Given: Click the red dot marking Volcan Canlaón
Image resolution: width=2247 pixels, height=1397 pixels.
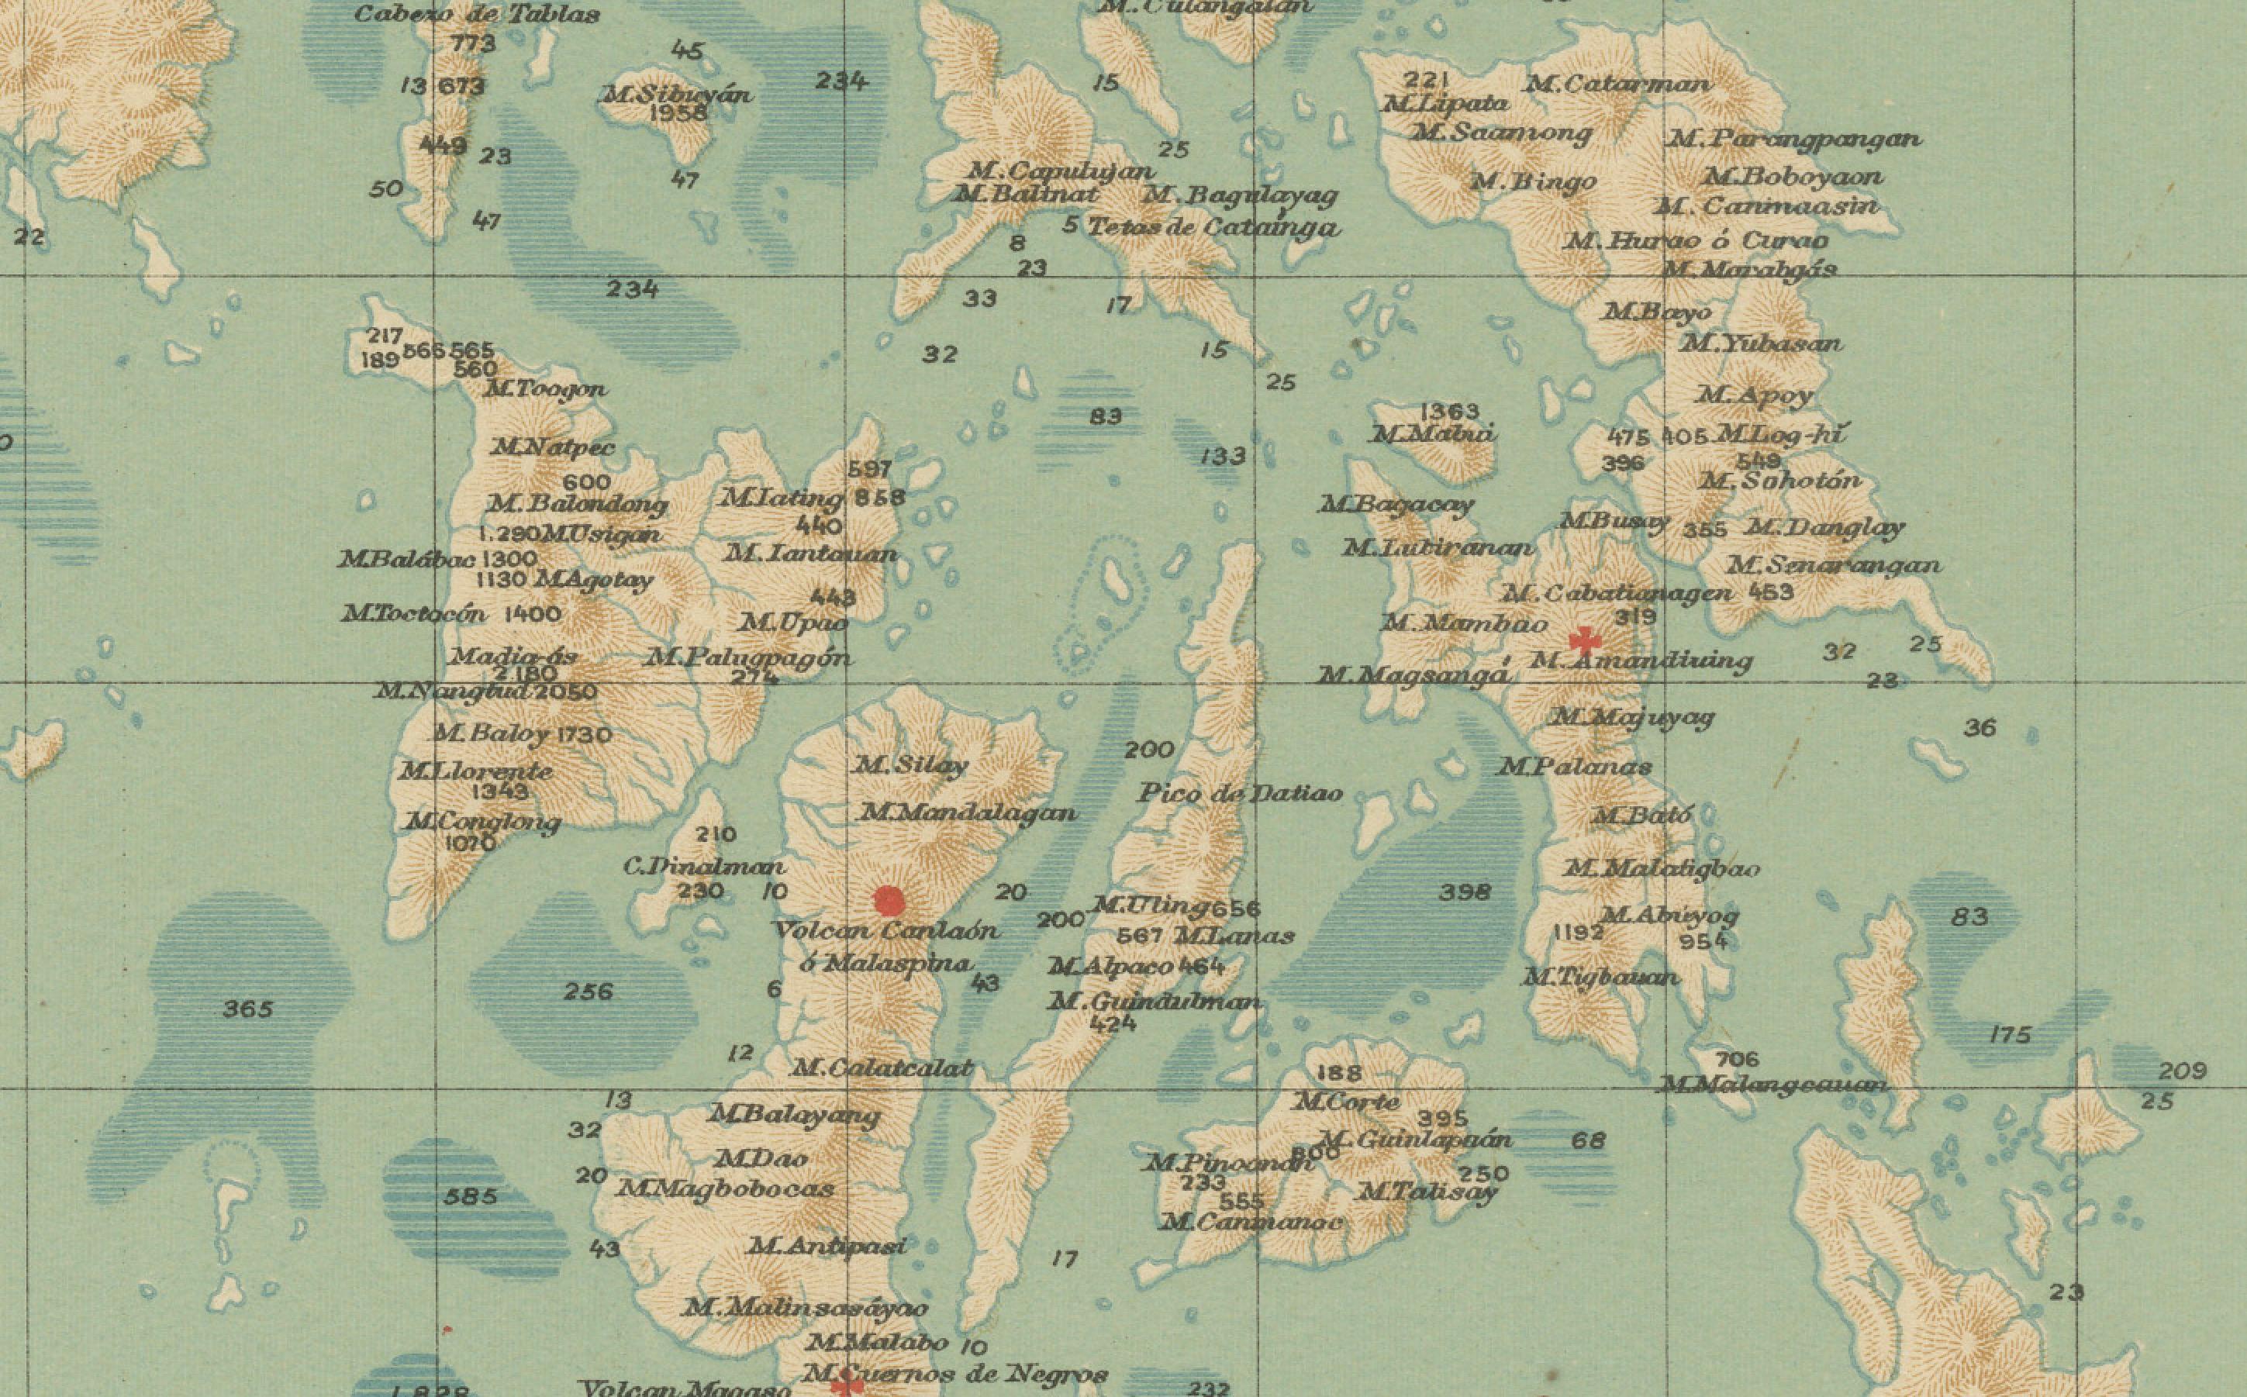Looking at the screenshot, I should tap(888, 901).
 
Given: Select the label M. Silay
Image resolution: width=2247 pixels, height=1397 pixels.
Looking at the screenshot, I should tap(911, 765).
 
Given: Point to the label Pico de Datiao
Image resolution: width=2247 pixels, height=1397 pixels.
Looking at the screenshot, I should tap(1240, 793).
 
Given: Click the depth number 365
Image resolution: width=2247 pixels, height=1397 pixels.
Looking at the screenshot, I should tap(247, 1009).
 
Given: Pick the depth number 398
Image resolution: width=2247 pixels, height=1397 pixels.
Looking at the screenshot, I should tap(1465, 892).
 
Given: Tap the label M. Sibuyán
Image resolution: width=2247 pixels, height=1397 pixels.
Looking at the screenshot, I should tap(677, 95).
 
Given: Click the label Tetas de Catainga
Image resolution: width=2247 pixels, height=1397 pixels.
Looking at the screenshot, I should tap(1213, 226).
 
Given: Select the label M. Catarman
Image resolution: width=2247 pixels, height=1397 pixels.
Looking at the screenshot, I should tap(1617, 84).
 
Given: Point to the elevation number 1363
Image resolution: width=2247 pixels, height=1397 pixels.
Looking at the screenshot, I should tap(1450, 410).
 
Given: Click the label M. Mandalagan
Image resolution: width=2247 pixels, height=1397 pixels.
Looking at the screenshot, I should tap(968, 813).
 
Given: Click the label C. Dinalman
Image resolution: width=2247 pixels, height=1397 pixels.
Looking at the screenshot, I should tap(705, 867).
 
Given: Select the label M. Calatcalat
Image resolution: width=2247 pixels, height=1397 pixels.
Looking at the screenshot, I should tap(882, 1068).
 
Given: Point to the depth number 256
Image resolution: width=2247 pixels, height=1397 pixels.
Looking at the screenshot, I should tap(588, 992).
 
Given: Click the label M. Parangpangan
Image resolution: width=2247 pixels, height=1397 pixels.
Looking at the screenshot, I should tap(1793, 139).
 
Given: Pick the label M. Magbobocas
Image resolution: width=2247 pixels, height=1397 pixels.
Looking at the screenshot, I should tap(727, 1189).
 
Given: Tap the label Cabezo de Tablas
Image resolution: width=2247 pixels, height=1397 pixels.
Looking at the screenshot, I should tap(477, 14).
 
